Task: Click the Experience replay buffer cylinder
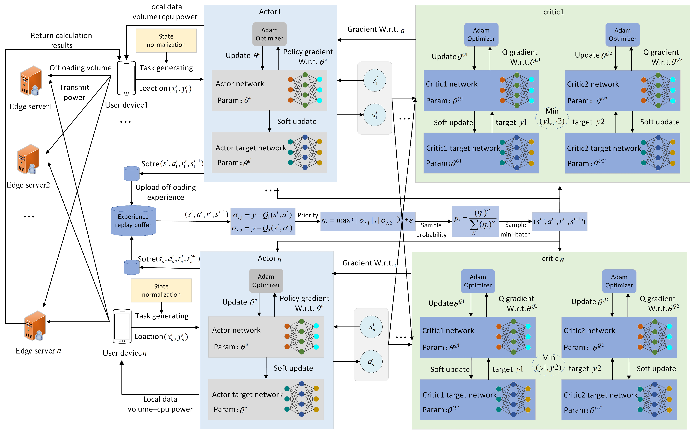(133, 221)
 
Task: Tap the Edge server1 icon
(31, 80)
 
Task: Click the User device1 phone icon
(126, 78)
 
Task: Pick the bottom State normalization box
(161, 290)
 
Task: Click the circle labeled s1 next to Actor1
(375, 80)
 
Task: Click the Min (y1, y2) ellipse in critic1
(552, 116)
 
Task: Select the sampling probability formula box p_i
(475, 221)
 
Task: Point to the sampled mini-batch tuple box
(559, 222)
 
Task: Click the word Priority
(307, 215)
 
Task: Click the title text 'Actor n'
(269, 258)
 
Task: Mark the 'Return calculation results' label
(61, 40)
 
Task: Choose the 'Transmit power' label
(74, 92)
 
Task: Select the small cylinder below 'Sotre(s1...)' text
(132, 173)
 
